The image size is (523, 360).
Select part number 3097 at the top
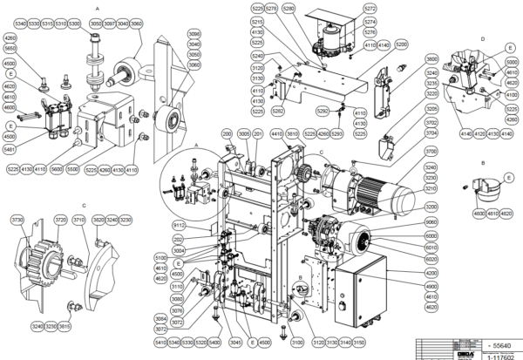109,24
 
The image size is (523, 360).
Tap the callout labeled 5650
10,48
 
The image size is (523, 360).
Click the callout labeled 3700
431,153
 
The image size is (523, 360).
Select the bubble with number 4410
276,133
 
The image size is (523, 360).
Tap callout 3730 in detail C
16,221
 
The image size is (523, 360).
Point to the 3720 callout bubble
60,221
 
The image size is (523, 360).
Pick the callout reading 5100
160,258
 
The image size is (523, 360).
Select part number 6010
431,248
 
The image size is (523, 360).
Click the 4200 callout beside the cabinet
431,272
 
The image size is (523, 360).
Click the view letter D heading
482,39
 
